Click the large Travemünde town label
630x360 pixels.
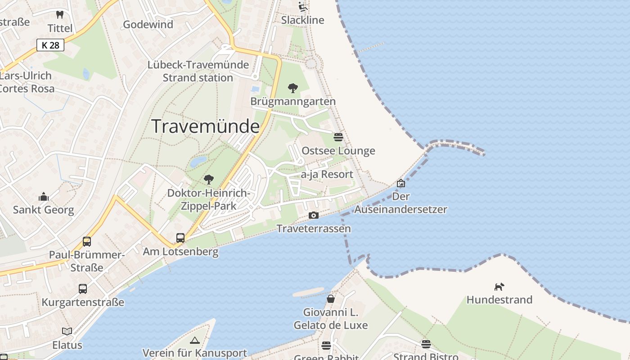(206, 126)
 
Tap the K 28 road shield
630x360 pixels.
(50, 45)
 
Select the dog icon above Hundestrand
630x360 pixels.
(499, 287)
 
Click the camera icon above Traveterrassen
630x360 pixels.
(314, 216)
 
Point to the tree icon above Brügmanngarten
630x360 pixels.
(293, 88)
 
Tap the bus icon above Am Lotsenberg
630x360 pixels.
(180, 238)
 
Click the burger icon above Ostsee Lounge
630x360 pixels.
(338, 137)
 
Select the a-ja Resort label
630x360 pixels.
(327, 174)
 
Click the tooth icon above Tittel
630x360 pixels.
(60, 15)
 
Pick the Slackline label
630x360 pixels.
(302, 20)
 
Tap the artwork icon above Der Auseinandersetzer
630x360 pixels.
(401, 183)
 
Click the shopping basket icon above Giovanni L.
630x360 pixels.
(331, 299)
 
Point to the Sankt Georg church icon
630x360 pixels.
(44, 197)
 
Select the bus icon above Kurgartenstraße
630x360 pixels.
(83, 289)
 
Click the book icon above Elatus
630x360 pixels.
(67, 332)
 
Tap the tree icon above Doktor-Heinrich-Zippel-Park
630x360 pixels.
(208, 180)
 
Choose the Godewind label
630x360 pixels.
(148, 24)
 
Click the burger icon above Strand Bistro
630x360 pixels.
(426, 344)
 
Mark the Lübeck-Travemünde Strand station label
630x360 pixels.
(198, 71)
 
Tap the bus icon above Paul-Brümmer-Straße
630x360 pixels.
(87, 242)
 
